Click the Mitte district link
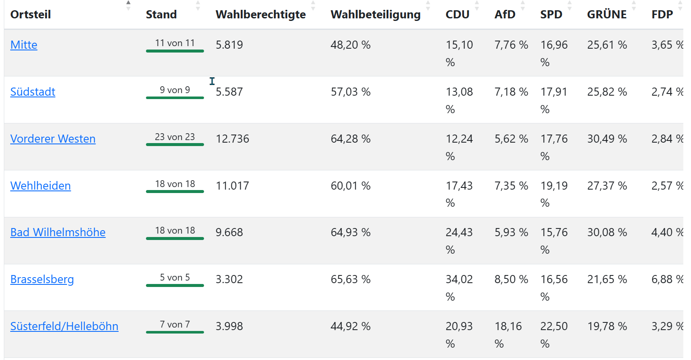coord(24,45)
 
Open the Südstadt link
coord(33,92)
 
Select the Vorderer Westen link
coord(53,139)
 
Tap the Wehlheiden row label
coord(41,186)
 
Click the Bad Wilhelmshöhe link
coord(58,232)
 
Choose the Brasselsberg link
coord(42,279)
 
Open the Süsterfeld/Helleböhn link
coord(64,326)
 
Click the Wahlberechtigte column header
coord(261,15)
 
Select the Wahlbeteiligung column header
coord(376,15)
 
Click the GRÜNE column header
coord(607,15)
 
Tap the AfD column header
coord(505,15)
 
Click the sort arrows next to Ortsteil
coord(128,6)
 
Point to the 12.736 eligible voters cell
coord(233,139)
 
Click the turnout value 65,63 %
coord(351,279)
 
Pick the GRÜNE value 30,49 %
coord(607,139)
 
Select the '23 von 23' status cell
coord(175,137)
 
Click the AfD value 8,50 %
coord(511,279)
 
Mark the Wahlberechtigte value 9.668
coord(229,232)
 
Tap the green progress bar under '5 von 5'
coord(175,285)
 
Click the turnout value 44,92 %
coord(351,326)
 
